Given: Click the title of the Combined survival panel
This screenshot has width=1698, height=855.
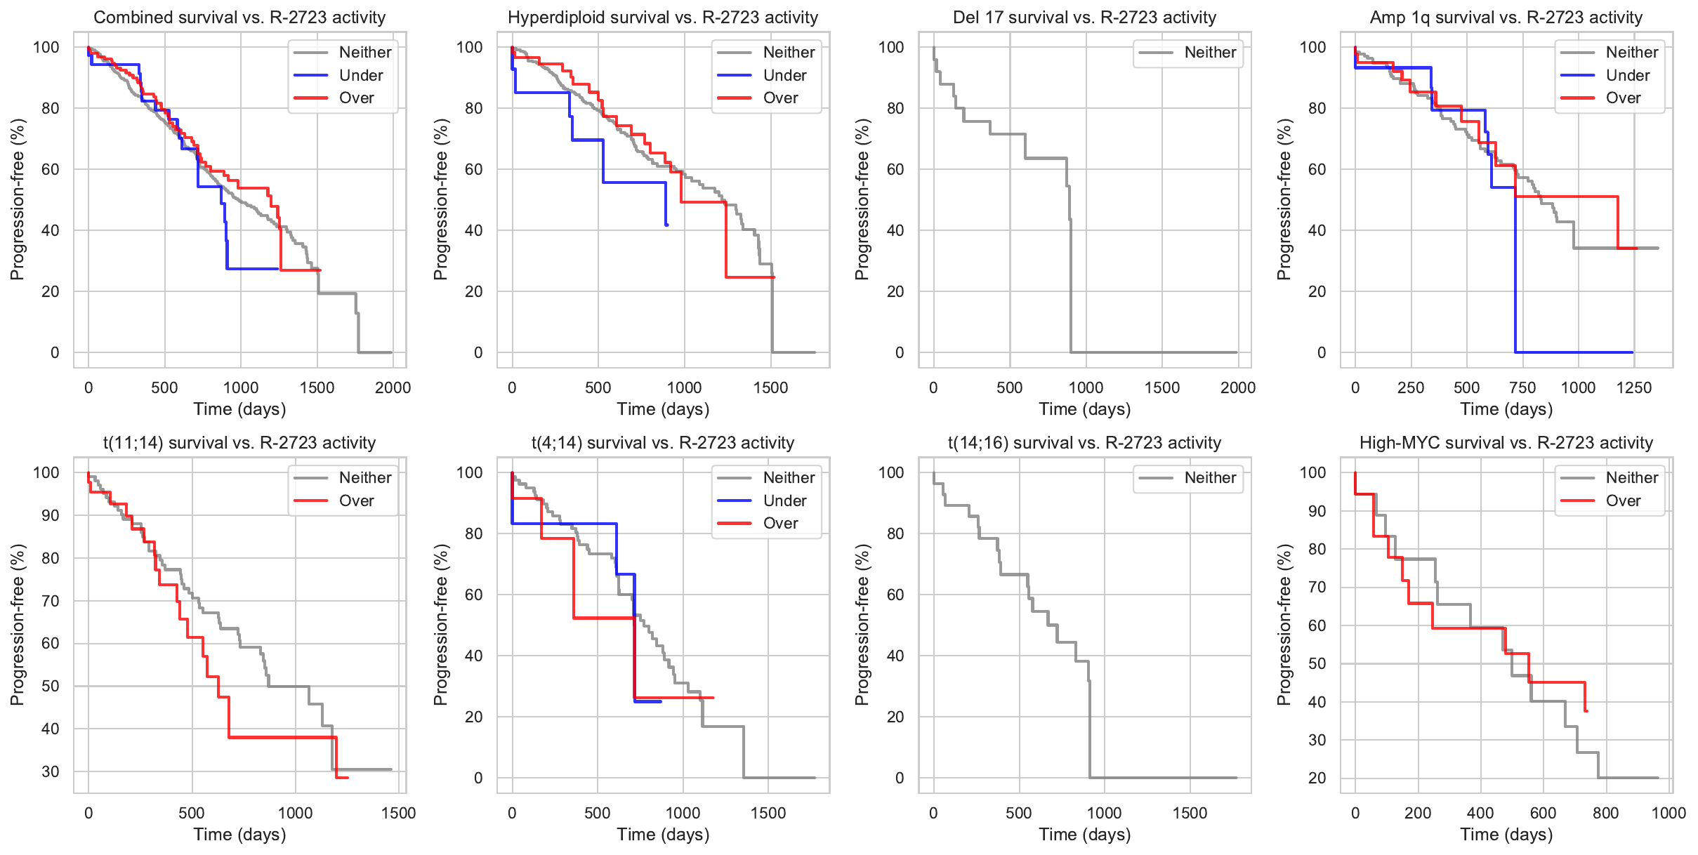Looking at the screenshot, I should coord(239,18).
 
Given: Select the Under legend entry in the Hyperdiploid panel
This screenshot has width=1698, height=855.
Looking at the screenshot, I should coord(784,75).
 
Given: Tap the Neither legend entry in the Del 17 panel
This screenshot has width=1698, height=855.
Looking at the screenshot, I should coord(1210,52).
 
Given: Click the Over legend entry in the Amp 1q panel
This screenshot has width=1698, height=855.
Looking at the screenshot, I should coord(1623,98).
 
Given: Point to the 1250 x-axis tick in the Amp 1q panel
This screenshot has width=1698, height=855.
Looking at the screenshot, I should coord(1634,387).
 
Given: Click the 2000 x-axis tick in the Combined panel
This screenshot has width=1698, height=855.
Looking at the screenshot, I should coord(393,387).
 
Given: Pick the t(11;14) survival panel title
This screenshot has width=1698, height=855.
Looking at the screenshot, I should coord(239,443).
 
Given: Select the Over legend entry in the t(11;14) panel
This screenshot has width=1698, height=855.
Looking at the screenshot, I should coord(356,501).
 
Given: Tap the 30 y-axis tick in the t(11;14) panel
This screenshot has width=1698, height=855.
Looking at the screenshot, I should coord(51,771).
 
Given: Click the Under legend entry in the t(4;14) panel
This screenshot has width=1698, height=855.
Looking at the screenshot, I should coord(784,501).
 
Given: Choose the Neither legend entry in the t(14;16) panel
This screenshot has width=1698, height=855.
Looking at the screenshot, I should coord(1210,477).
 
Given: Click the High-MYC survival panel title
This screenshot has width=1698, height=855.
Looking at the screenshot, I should coord(1506,443).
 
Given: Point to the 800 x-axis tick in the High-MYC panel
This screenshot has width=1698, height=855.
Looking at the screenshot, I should coord(1606,813).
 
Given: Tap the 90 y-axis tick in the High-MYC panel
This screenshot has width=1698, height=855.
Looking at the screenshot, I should coord(1317,511).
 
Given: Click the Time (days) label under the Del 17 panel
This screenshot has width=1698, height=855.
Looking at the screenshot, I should coord(1085,409).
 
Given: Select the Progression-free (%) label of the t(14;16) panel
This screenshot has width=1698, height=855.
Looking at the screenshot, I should coord(862,625).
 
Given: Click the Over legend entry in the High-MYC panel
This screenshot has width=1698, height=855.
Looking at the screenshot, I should coord(1623,501).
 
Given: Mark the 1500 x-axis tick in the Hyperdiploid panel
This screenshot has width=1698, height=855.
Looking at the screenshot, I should coord(771,387).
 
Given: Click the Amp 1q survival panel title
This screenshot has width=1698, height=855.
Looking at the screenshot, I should coord(1506,18).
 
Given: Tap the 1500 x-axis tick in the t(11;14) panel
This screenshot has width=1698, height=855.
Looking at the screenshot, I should coord(399,813).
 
